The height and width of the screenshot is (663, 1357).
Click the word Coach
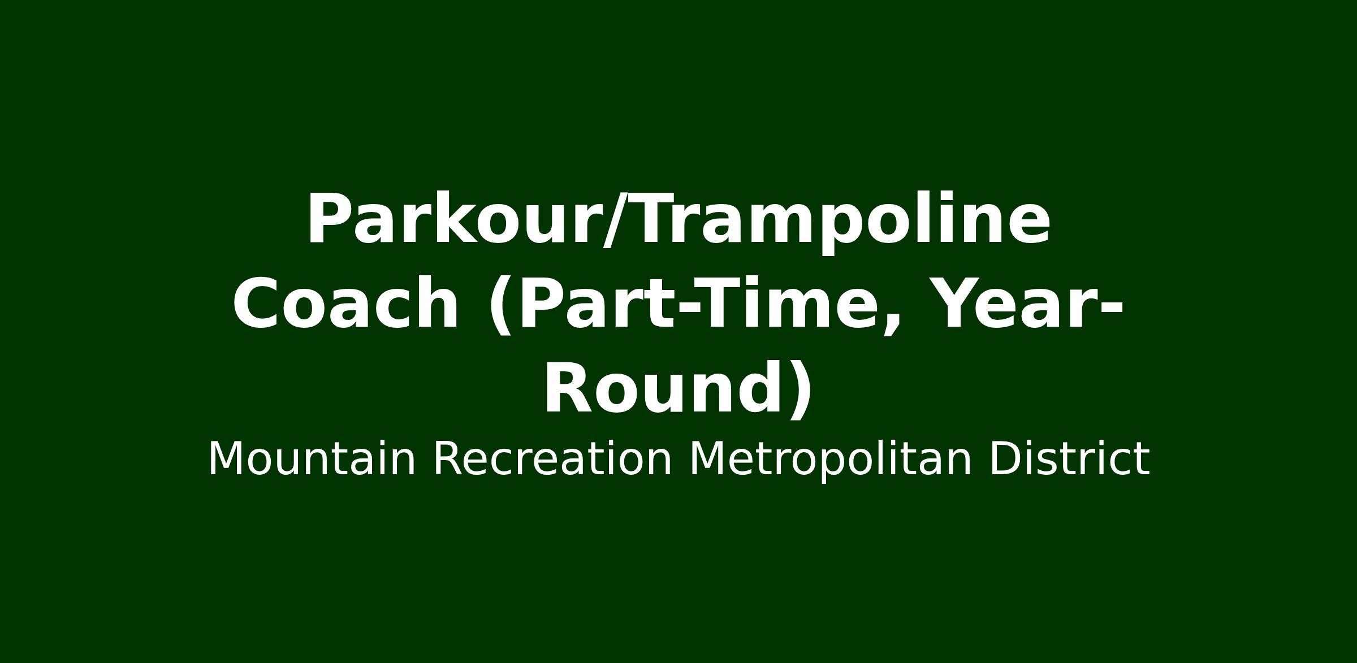tap(345, 304)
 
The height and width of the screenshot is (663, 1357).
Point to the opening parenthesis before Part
tap(500, 306)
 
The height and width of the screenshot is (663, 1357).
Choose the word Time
tap(785, 303)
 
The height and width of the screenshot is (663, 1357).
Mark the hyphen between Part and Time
tap(687, 308)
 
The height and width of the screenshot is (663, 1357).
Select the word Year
tap(1012, 303)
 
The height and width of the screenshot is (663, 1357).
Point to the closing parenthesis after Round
tap(801, 391)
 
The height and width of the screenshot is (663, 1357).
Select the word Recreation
tap(552, 460)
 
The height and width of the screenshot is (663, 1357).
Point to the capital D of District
tap(1005, 460)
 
